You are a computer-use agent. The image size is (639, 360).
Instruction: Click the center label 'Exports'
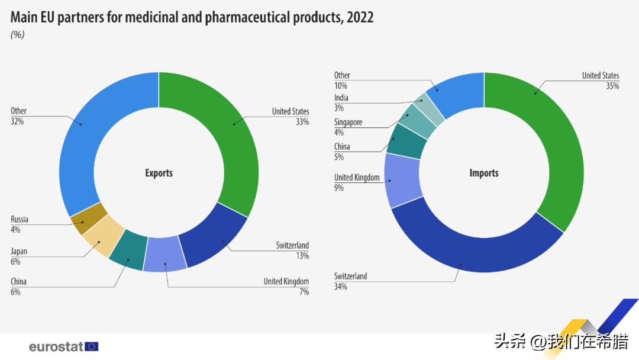point(159,173)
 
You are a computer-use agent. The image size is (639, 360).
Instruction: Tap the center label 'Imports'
point(484,173)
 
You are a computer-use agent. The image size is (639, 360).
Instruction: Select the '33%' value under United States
point(301,122)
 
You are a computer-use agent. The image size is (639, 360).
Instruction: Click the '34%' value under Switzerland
point(340,287)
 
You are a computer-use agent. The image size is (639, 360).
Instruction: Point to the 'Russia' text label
point(20,219)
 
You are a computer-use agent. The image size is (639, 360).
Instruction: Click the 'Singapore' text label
point(348,122)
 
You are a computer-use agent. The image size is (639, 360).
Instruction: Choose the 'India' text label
point(341,98)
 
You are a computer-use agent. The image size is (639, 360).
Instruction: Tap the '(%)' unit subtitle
point(17,34)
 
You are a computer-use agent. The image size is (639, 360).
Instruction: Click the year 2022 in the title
point(360,17)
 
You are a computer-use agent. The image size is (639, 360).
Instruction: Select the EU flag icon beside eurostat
point(92,346)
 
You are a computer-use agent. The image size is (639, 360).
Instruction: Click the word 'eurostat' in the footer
point(56,346)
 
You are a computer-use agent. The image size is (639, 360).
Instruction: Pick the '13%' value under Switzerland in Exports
point(302,256)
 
